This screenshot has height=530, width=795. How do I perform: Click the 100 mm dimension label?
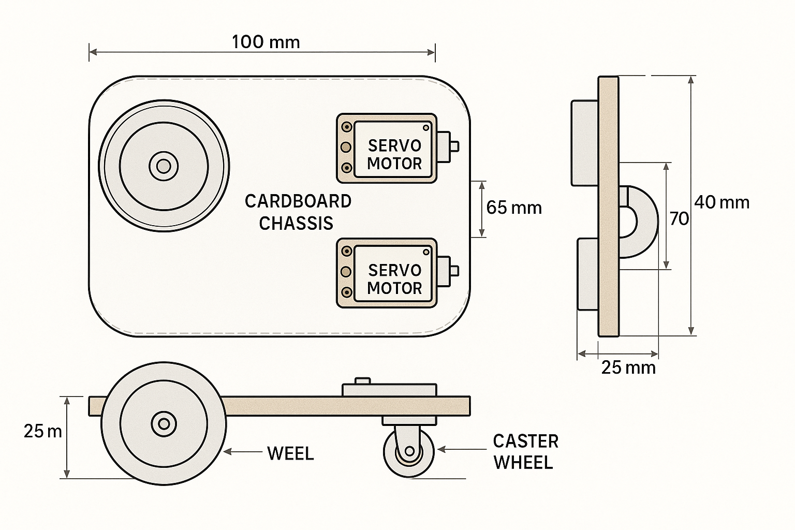(266, 42)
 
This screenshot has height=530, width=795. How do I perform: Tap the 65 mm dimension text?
(514, 208)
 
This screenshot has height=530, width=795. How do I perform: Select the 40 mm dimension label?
(722, 202)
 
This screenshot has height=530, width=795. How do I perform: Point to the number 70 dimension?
(679, 219)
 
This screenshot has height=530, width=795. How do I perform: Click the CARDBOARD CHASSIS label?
(298, 212)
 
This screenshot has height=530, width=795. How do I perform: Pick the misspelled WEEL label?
(290, 454)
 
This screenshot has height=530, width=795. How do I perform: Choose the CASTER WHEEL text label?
(525, 452)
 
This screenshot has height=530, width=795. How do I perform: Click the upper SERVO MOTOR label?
(394, 155)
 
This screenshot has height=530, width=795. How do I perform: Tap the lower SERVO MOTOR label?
(394, 279)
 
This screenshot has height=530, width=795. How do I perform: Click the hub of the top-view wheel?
(164, 166)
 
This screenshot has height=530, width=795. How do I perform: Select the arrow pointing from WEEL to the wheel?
(243, 452)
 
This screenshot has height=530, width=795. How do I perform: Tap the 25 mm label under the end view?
(628, 368)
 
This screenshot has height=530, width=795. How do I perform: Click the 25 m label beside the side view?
(42, 431)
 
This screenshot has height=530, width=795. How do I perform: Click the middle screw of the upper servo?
(346, 148)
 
